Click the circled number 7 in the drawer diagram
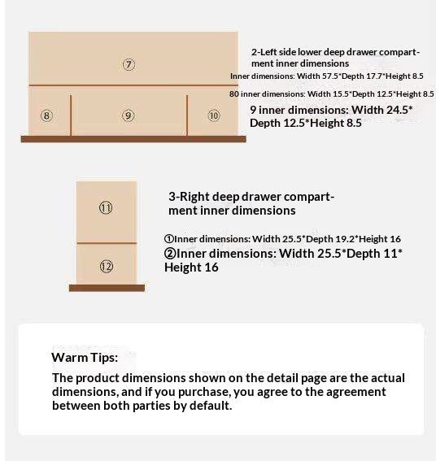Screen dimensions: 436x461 129,64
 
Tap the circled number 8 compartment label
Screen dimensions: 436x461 46,115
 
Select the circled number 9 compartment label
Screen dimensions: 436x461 129,115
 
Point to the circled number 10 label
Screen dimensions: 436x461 214,115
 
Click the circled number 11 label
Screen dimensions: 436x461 105,208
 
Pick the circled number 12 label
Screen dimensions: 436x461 107,267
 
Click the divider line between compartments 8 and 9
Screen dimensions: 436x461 71,115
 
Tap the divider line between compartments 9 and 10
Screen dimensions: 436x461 187,115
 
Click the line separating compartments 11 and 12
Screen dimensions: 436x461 107,243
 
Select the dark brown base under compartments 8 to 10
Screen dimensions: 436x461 133,139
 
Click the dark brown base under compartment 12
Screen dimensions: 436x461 107,288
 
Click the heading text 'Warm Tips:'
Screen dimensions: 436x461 85,358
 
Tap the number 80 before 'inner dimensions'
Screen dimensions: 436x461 234,94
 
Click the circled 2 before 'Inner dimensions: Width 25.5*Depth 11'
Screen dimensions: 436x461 170,253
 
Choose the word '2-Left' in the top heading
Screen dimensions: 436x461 264,52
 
